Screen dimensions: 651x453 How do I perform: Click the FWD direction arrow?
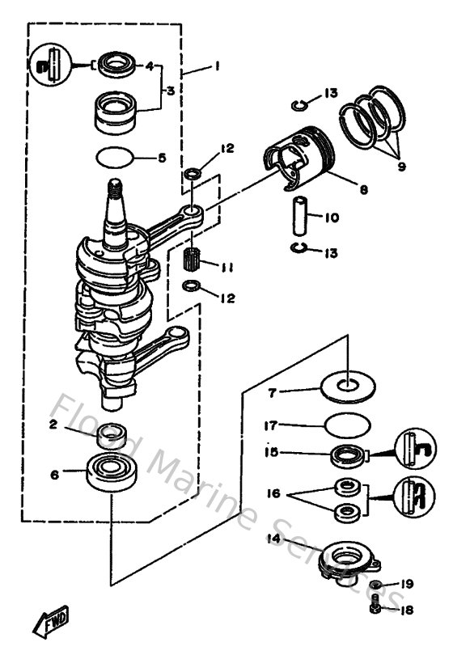click(x=50, y=621)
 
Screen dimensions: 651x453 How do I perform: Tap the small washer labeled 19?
click(x=376, y=585)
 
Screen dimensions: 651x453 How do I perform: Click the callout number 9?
click(x=401, y=168)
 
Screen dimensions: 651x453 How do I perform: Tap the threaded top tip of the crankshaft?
click(x=115, y=191)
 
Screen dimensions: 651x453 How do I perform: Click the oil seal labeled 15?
click(x=349, y=454)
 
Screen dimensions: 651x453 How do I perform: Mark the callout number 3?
click(x=169, y=92)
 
